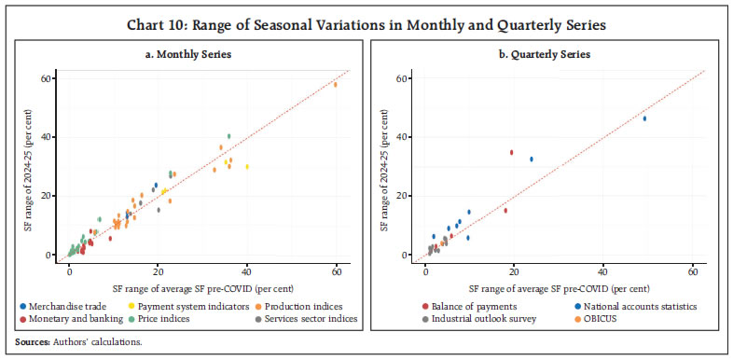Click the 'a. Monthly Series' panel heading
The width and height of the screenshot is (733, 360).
[186, 55]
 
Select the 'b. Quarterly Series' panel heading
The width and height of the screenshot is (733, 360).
[549, 55]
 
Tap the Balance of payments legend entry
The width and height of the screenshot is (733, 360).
[439, 306]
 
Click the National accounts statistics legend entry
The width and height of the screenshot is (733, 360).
[596, 306]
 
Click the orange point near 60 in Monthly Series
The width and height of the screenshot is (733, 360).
[336, 84]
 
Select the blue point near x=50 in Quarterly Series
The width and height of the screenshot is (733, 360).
[644, 118]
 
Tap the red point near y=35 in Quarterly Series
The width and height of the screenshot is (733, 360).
[511, 152]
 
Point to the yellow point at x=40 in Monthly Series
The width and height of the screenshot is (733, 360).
[247, 167]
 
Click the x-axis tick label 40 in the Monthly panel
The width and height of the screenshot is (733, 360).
[247, 270]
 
